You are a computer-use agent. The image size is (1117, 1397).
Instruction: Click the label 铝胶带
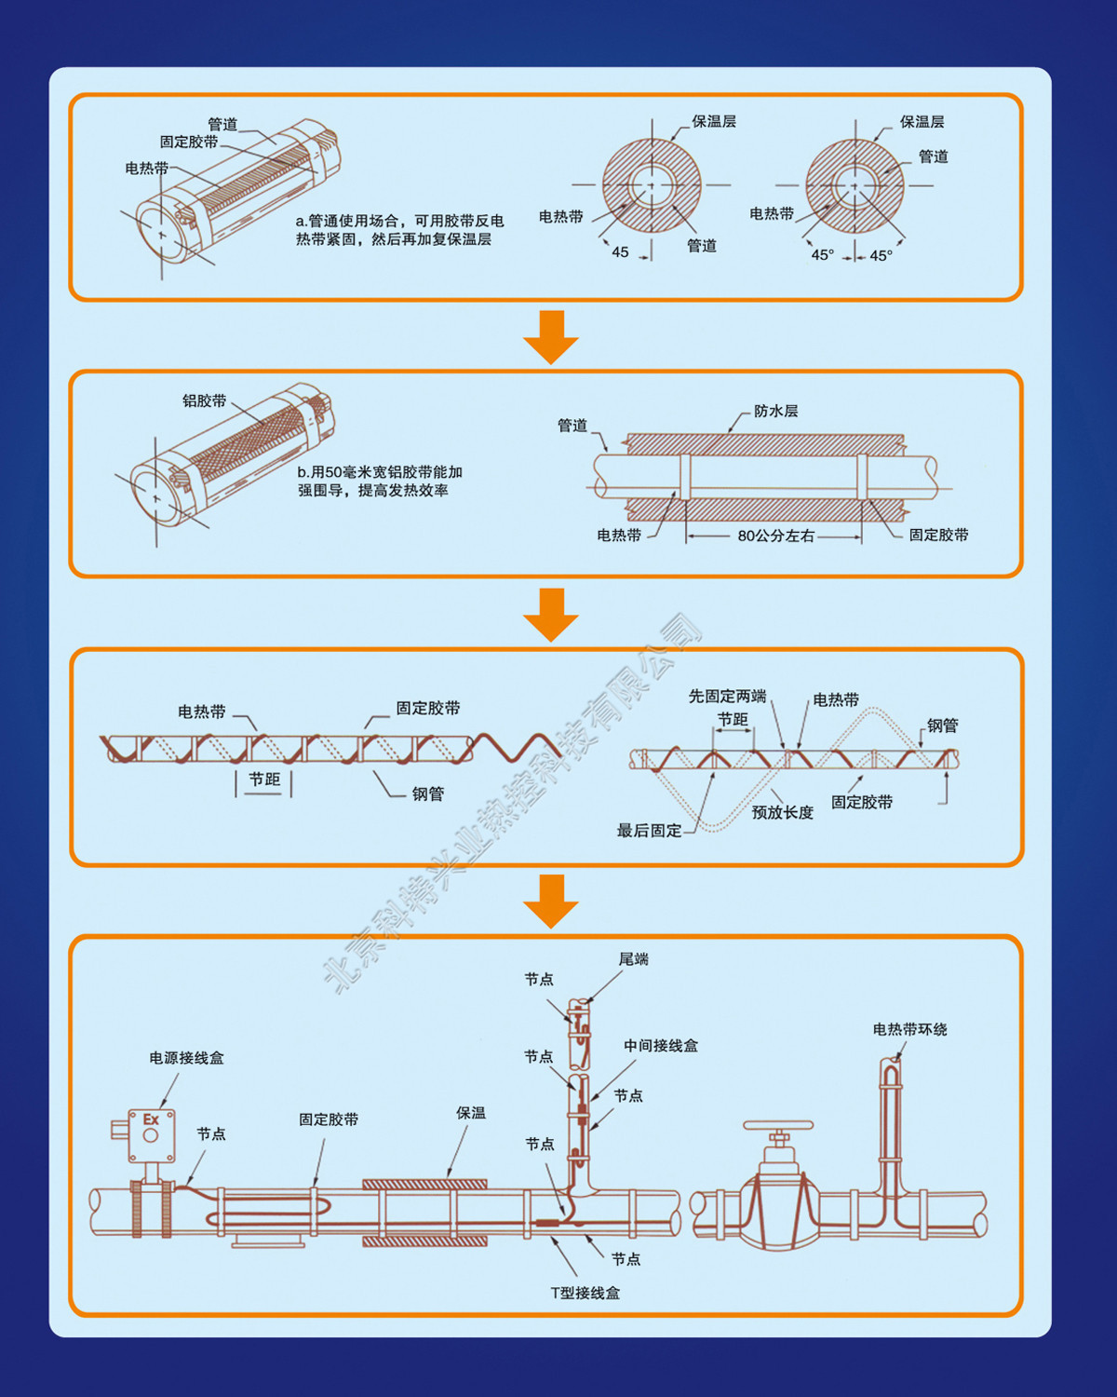[204, 400]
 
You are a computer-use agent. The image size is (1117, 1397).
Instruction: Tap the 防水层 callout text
[775, 411]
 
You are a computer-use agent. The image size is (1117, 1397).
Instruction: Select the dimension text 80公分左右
[775, 536]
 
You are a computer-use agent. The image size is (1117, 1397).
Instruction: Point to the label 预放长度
[783, 812]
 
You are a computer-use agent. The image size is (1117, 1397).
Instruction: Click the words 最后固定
[649, 830]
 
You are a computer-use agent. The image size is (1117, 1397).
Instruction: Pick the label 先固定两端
[727, 696]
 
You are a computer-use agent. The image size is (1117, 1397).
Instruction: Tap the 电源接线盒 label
[186, 1058]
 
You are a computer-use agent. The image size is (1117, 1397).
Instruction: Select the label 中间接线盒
[661, 1046]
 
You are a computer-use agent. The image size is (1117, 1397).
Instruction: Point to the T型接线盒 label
[585, 1293]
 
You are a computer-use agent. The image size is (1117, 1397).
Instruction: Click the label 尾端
[633, 959]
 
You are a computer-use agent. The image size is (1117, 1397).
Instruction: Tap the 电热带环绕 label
[909, 1029]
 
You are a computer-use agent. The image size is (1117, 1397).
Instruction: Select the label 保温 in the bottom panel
[471, 1113]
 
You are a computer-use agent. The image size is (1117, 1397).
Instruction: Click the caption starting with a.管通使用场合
[399, 230]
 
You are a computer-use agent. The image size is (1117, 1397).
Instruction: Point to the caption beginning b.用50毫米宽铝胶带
[380, 481]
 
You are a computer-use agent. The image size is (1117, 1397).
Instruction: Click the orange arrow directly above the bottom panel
[551, 900]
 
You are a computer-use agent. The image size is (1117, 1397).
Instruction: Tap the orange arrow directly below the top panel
[551, 336]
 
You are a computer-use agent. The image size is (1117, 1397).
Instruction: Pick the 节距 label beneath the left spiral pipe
[264, 780]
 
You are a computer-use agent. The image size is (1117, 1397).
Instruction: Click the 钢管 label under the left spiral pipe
[428, 793]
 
